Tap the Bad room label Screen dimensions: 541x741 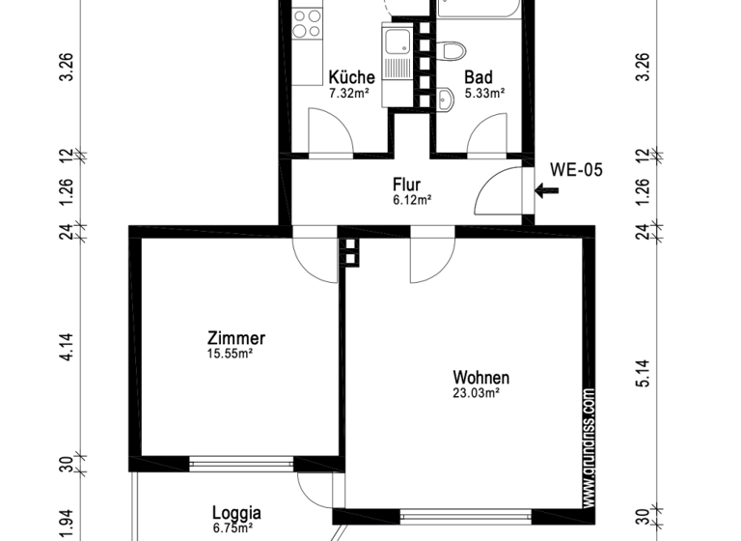tap(478, 77)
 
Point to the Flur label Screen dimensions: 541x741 tap(406, 184)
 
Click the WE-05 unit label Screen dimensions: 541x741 tap(576, 170)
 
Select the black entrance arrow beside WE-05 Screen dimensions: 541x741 tap(546, 191)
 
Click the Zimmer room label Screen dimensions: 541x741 tap(235, 339)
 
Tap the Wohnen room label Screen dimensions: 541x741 tap(480, 378)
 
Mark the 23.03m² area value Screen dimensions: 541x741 tap(477, 393)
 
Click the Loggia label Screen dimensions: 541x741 tap(236, 514)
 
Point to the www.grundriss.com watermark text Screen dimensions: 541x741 tap(589, 447)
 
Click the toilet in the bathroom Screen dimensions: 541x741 tap(453, 50)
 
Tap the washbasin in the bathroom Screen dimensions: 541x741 tap(446, 97)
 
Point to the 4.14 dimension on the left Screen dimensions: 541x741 tap(67, 346)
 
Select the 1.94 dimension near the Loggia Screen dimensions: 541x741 tap(67, 520)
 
